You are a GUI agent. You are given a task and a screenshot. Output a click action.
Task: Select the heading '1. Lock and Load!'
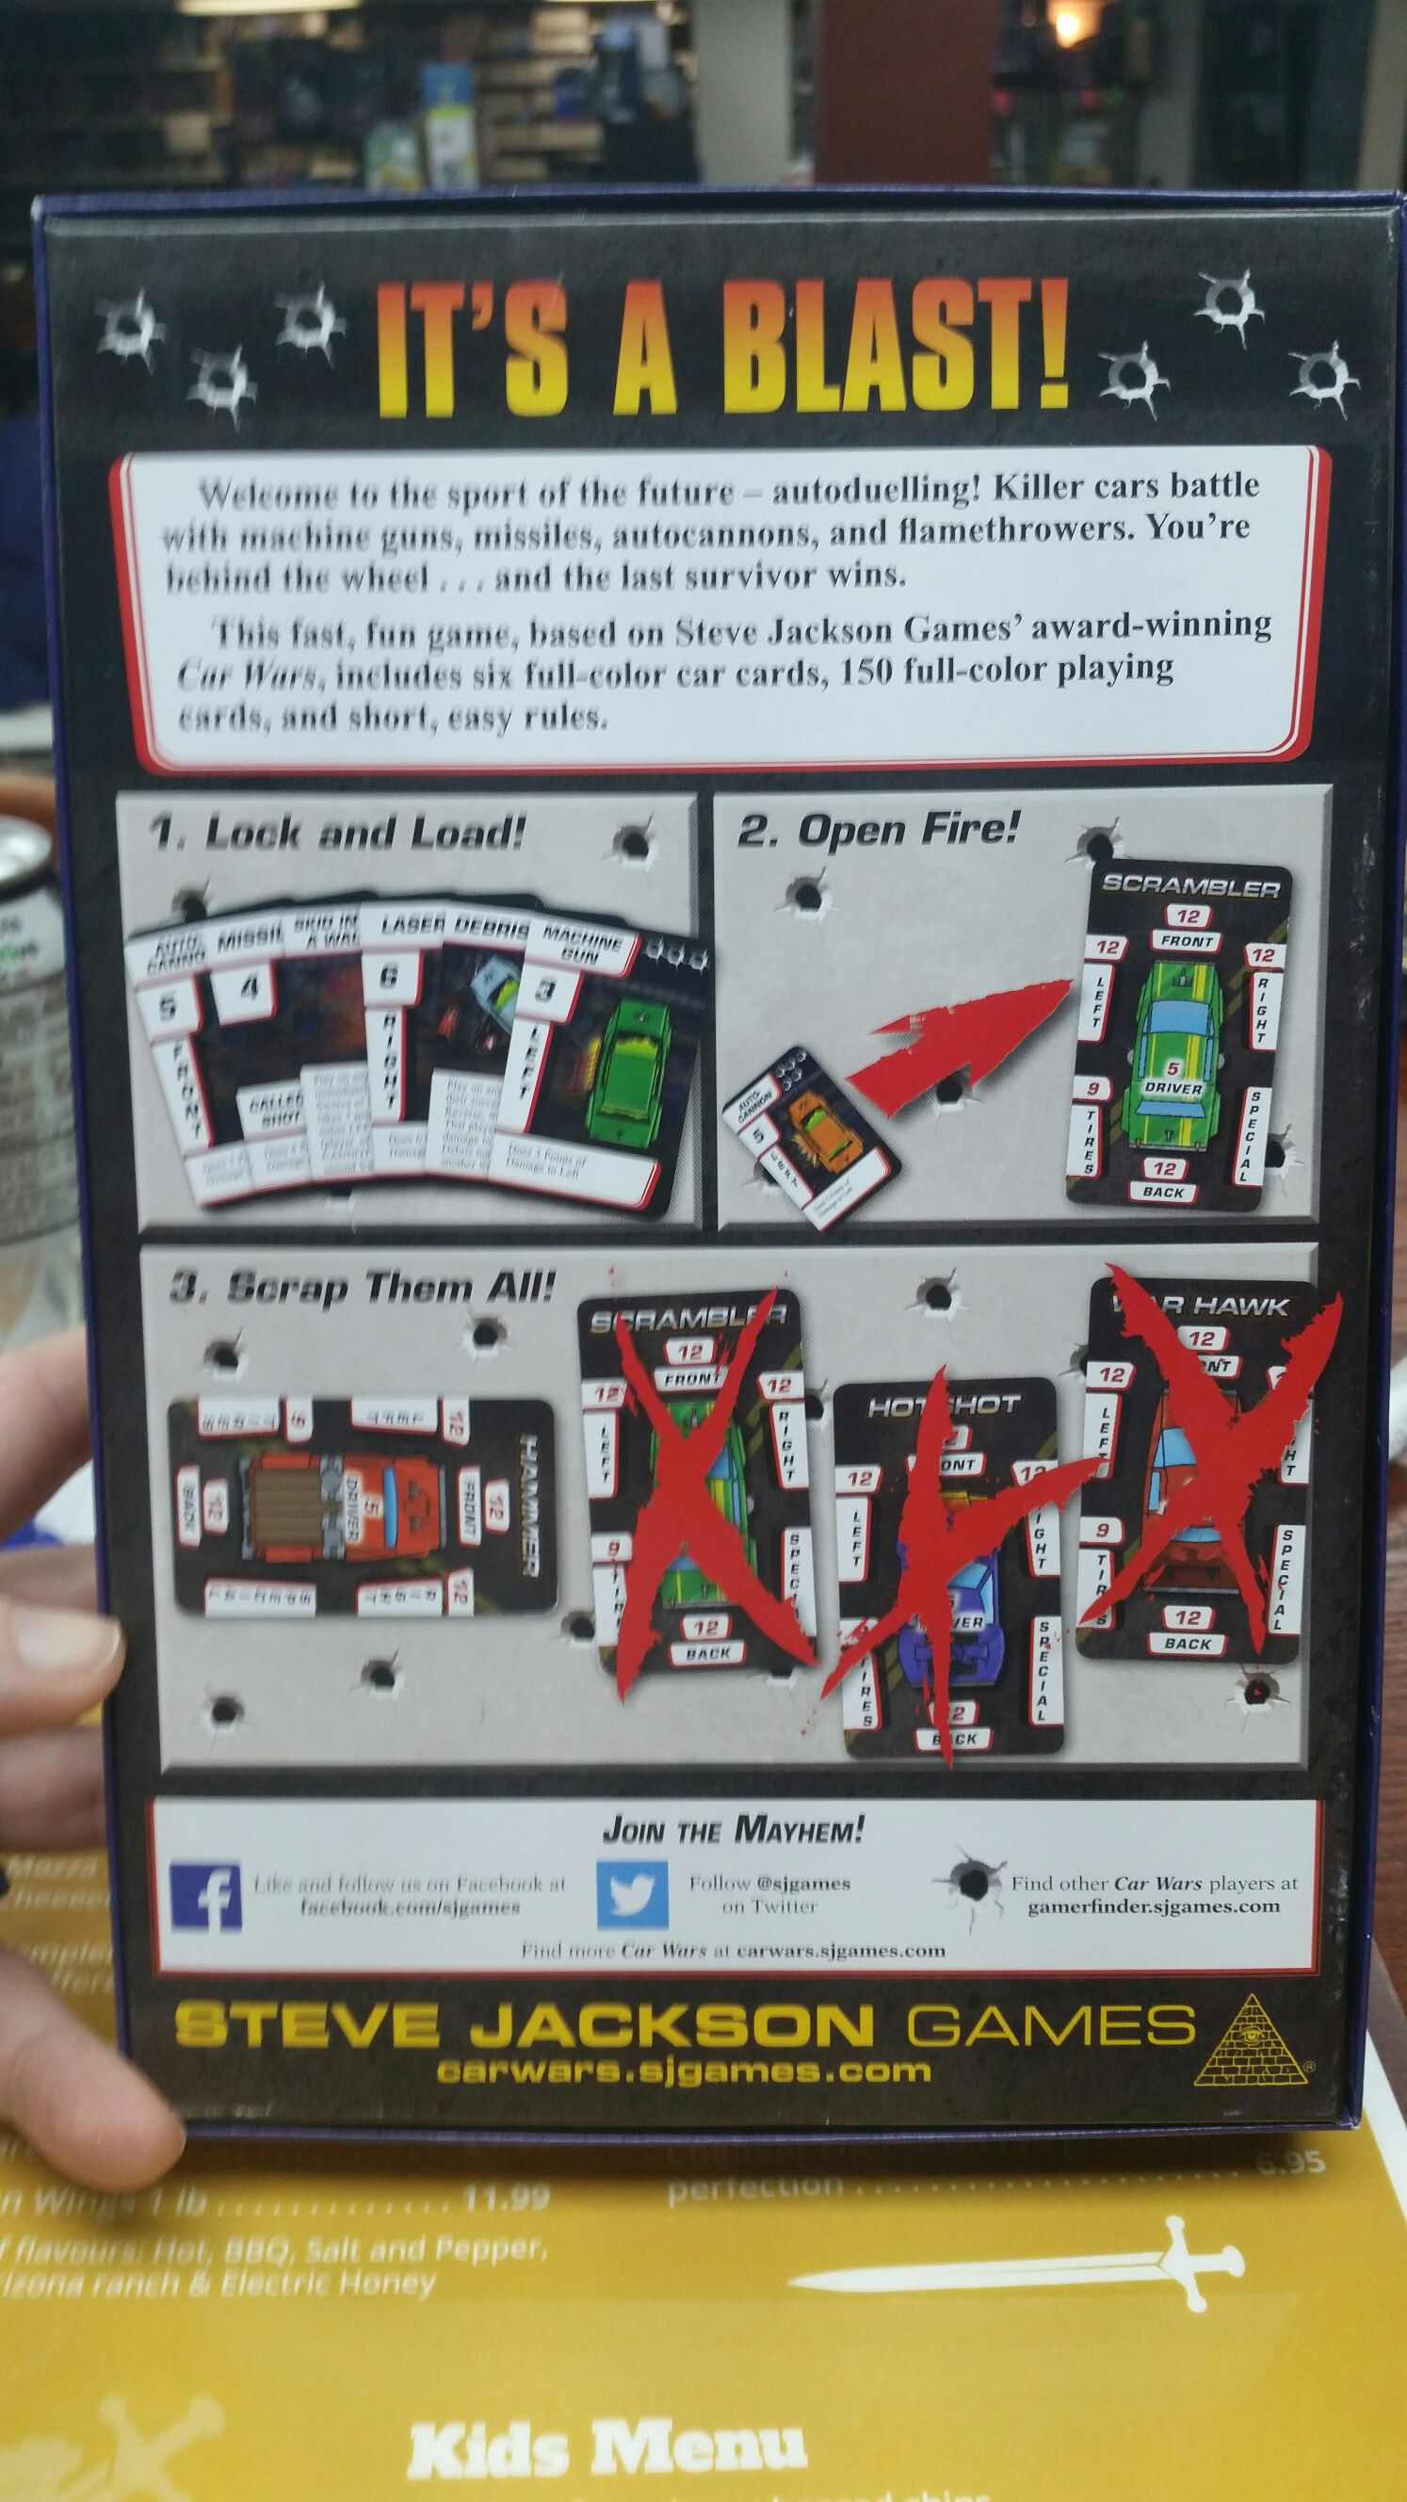coord(337,835)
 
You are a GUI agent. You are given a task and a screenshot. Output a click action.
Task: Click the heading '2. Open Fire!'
coord(878,831)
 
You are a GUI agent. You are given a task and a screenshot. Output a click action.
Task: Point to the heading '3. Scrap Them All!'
coord(362,1288)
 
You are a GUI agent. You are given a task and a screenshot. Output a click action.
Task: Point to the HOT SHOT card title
coord(942,1406)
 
